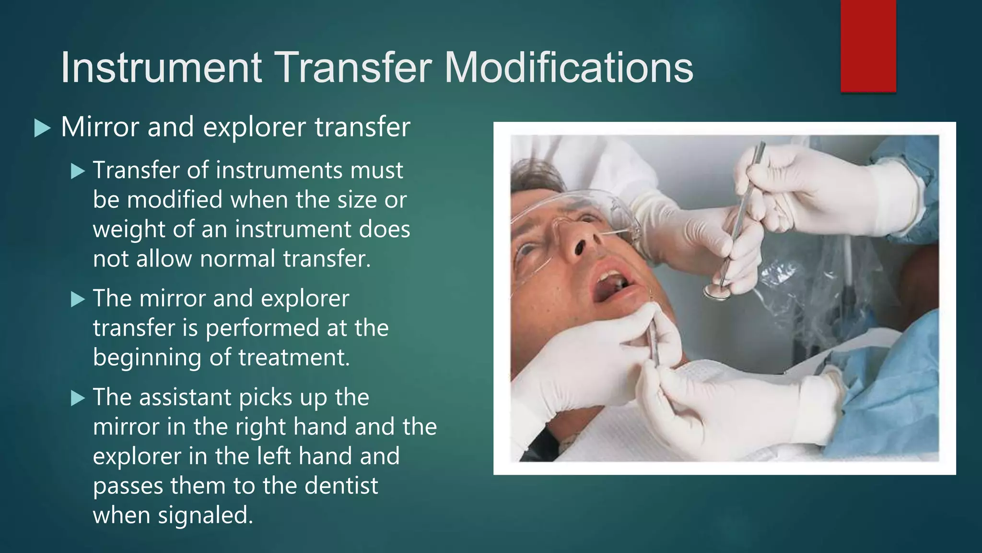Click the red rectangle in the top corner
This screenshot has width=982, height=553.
coord(868,46)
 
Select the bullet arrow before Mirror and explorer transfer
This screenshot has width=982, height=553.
coord(43,129)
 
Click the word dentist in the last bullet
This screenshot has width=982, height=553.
coord(341,485)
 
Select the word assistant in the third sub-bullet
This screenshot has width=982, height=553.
coord(185,397)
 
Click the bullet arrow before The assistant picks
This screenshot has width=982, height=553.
coord(78,398)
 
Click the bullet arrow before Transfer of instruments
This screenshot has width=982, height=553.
coord(78,171)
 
